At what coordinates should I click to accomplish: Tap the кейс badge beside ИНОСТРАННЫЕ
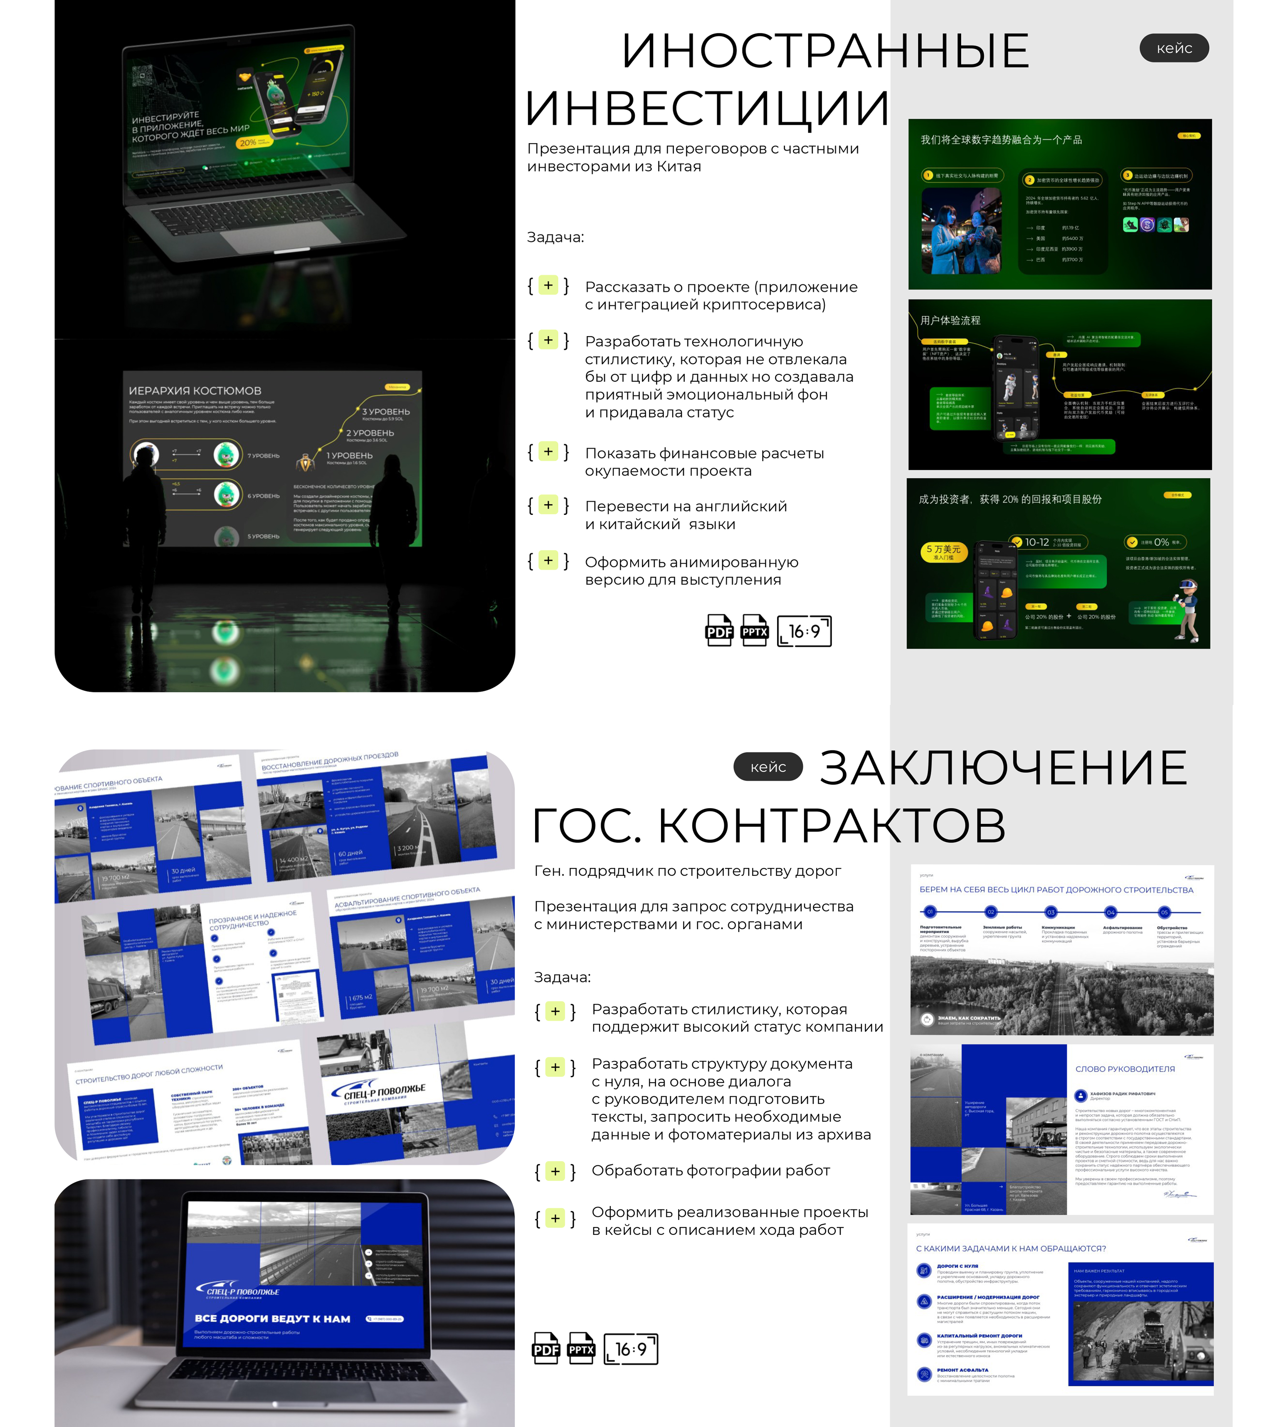[1174, 48]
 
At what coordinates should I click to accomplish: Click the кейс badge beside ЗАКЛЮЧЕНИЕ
[768, 767]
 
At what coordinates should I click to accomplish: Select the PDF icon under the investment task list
[719, 631]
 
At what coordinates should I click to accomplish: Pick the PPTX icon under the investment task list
[755, 631]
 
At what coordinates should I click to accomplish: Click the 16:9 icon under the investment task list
[804, 631]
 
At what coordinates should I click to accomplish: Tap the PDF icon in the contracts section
[545, 1348]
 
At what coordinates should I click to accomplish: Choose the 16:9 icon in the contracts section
[631, 1348]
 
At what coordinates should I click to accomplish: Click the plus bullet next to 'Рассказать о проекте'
[548, 285]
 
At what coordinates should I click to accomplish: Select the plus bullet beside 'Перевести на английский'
[548, 505]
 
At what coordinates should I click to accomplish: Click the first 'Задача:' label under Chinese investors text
[555, 237]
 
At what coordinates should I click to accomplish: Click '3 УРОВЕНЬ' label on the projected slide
[386, 411]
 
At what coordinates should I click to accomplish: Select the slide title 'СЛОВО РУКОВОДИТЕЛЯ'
[1125, 1069]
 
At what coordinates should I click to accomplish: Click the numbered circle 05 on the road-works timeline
[1164, 913]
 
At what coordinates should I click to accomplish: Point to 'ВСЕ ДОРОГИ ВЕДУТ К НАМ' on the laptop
[272, 1319]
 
